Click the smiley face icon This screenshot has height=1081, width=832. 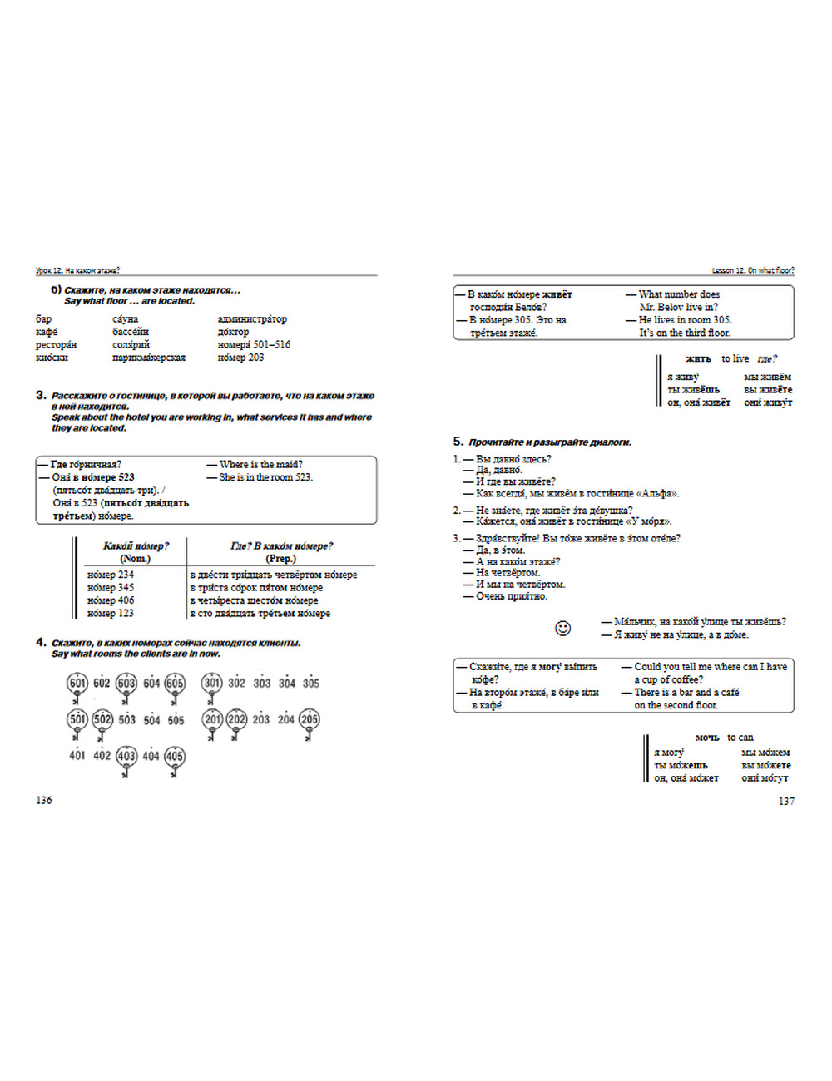[563, 628]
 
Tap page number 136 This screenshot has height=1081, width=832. [44, 800]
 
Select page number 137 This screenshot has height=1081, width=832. [786, 801]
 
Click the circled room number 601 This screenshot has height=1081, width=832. [77, 683]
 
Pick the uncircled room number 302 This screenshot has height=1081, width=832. [237, 683]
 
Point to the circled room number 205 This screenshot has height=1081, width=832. [310, 719]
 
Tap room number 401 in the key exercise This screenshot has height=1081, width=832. [77, 756]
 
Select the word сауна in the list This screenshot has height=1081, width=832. [126, 319]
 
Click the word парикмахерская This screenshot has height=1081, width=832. [149, 358]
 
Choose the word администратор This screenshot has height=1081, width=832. [252, 319]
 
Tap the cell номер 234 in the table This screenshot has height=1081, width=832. [111, 575]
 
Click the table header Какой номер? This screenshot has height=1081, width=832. [136, 546]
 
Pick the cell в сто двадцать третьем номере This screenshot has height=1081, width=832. [260, 614]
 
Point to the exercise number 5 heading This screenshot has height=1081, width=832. [458, 442]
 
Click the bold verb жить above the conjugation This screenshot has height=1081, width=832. [698, 359]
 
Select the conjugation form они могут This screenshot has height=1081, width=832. [765, 778]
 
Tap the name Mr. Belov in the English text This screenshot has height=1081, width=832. [661, 307]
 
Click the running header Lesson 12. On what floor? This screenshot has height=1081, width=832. [752, 270]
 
